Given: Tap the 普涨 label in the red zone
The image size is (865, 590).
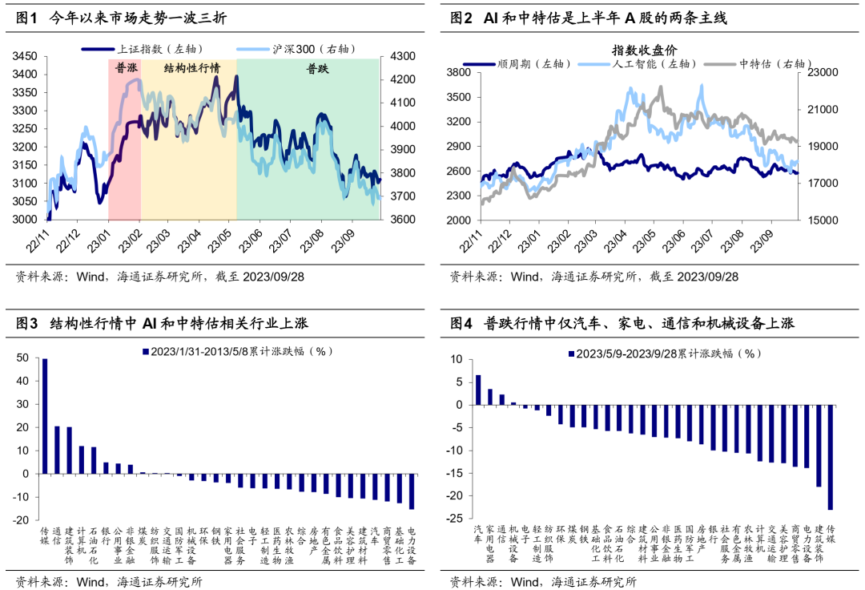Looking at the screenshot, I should pos(125,68).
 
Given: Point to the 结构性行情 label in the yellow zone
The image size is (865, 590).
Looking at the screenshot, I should pos(191,68).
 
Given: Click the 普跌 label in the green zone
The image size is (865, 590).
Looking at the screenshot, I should pos(318,69).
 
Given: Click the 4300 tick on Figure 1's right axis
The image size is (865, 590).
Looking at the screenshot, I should pos(401,56).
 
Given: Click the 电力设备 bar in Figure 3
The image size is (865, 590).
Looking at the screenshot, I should pos(412,491).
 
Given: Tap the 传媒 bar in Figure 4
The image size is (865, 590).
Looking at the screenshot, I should pos(830,457).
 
